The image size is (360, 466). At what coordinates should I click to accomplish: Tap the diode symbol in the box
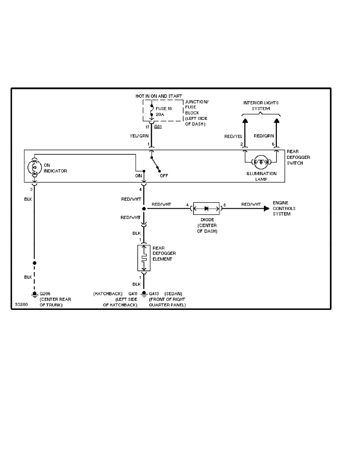click(206, 208)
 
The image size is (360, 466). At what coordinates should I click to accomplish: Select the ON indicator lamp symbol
click(34, 167)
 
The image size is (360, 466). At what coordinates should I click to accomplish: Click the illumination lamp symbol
click(260, 161)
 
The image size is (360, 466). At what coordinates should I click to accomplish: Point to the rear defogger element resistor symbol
click(144, 258)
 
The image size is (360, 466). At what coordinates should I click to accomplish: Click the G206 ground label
click(45, 293)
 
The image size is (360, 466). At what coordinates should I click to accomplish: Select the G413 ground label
click(155, 293)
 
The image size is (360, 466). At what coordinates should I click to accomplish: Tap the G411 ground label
click(133, 293)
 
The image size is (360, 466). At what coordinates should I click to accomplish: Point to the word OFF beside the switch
click(164, 176)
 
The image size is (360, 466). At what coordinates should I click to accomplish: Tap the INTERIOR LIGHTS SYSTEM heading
click(258, 106)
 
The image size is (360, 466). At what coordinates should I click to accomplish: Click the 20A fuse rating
click(160, 115)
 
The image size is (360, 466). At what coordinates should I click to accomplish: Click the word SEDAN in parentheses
click(173, 293)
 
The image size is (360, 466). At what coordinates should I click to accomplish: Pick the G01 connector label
click(158, 127)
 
